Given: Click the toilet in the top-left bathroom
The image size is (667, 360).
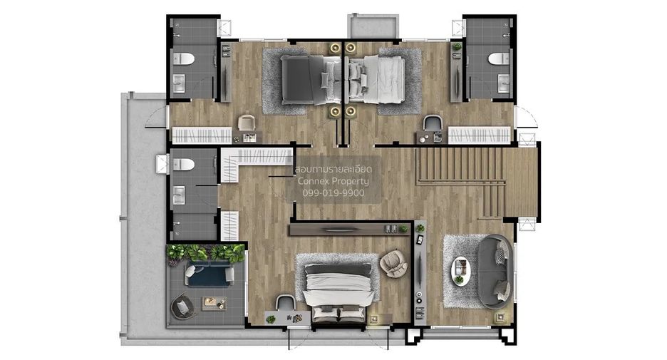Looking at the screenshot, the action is coord(184,58).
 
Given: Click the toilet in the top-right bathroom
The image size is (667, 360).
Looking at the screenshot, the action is coord(499,58).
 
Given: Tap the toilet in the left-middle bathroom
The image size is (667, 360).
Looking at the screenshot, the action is coord(184,164).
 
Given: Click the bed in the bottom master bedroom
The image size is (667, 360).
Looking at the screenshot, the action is coord(338,292).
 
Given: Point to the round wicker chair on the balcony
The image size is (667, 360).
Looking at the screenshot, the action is coord(183,306).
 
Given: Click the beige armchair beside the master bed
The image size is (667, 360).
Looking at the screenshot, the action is coord(393,263).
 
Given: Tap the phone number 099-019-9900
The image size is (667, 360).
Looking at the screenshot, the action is coord(333,192).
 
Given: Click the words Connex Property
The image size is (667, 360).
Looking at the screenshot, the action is coord(333,181).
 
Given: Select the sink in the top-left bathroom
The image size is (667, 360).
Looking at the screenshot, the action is coord(178,83).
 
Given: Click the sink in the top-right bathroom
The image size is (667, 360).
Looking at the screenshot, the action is coord(504,83).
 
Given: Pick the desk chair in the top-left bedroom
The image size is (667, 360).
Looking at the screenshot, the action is coord(246,123).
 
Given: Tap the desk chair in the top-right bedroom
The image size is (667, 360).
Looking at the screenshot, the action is coord(433,123).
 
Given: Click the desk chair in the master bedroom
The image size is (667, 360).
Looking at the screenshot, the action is coord(286,302).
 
